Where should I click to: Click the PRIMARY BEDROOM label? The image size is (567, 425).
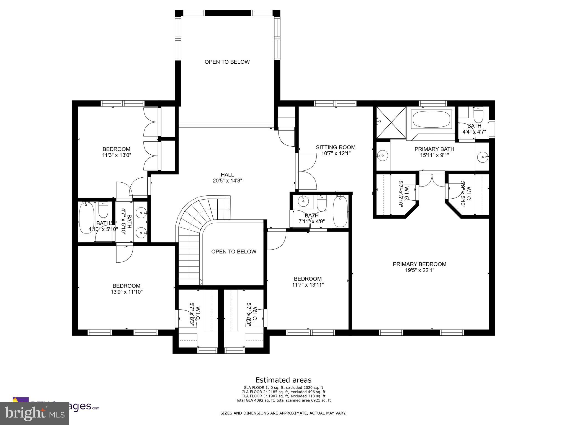tap(419, 264)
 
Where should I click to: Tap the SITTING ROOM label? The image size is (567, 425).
tap(336, 147)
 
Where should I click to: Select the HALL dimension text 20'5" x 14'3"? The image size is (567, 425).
tap(227, 181)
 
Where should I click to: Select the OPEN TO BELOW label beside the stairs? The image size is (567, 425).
tap(234, 252)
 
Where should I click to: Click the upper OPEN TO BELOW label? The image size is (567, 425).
tap(227, 62)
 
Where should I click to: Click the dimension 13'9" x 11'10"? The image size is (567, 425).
tap(126, 292)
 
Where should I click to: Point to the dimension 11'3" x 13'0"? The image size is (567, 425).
tap(116, 155)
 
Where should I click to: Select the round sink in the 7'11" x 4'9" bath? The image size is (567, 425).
tap(304, 201)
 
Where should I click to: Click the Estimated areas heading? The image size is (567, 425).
tap(283, 380)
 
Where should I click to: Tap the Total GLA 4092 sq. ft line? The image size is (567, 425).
tap(283, 400)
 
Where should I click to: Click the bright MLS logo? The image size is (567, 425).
tap(35, 413)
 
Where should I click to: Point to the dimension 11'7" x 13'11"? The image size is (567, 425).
tap(308, 285)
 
